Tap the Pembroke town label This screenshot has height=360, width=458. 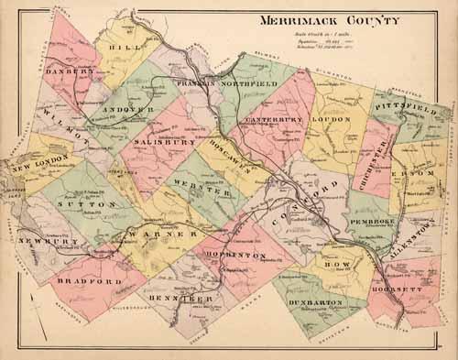[x=377, y=221]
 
